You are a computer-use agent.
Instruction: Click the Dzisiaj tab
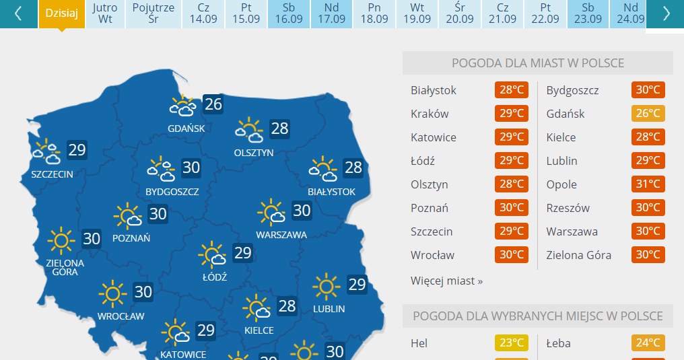(62, 13)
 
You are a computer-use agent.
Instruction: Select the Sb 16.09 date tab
(289, 13)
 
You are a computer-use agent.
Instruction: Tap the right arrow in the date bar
(666, 13)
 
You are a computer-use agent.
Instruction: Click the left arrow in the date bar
(18, 13)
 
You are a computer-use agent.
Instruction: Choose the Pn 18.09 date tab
(374, 13)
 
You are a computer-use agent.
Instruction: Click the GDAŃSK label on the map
(186, 129)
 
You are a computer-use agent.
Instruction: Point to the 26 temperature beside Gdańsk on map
(213, 104)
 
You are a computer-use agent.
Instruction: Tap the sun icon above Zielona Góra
(61, 240)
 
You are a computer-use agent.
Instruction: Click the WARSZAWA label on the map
(281, 235)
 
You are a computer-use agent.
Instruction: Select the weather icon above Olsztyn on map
(249, 131)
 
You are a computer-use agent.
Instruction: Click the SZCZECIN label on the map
(52, 174)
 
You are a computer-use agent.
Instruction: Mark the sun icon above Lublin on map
(327, 287)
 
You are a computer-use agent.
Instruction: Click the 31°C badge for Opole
(648, 184)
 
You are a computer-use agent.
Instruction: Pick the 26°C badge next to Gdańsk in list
(648, 114)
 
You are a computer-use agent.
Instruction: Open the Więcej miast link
(446, 281)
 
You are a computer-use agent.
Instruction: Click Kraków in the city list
(430, 114)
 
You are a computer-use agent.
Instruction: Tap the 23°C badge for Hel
(512, 343)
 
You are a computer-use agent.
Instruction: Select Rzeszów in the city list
(568, 208)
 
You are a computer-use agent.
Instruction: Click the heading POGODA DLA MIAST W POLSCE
(537, 63)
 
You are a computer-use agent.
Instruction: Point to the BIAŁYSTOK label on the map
(331, 192)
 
